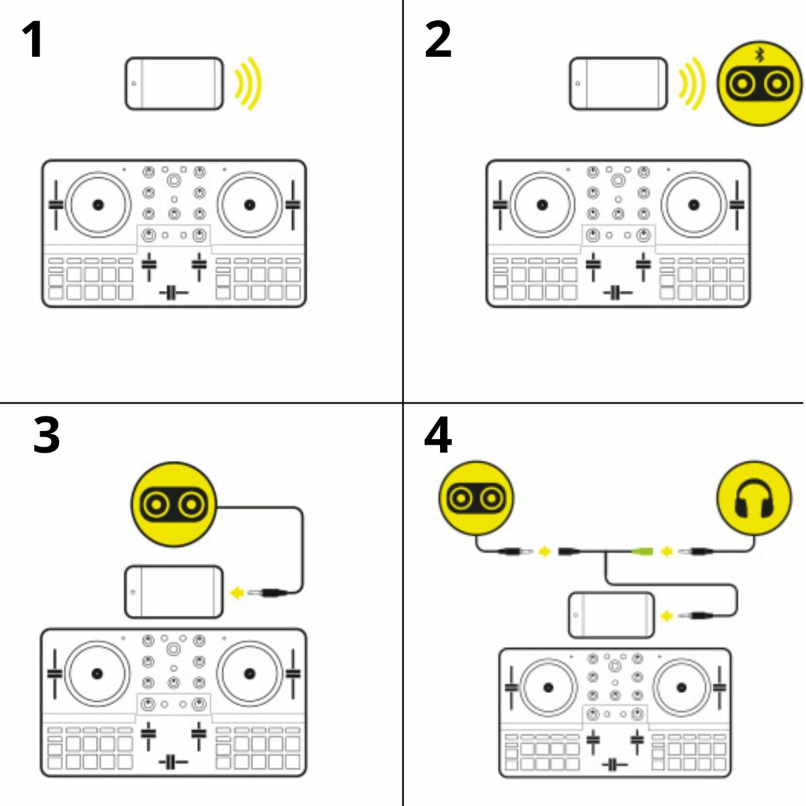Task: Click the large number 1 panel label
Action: [32, 40]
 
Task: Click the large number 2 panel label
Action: [438, 40]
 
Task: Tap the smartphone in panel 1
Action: [174, 84]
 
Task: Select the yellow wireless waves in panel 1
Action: [249, 84]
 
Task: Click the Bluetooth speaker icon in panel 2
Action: [760, 83]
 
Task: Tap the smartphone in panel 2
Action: [618, 84]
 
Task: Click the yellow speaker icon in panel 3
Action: [174, 503]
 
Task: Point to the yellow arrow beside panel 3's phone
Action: [236, 592]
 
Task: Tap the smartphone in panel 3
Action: [174, 592]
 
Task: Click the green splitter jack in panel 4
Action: [642, 552]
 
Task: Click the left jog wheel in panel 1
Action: [98, 204]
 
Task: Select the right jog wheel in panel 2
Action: [693, 204]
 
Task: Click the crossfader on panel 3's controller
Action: [173, 762]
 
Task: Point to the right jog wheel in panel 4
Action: [682, 686]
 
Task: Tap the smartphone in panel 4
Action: [611, 615]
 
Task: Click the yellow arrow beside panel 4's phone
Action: [667, 615]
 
